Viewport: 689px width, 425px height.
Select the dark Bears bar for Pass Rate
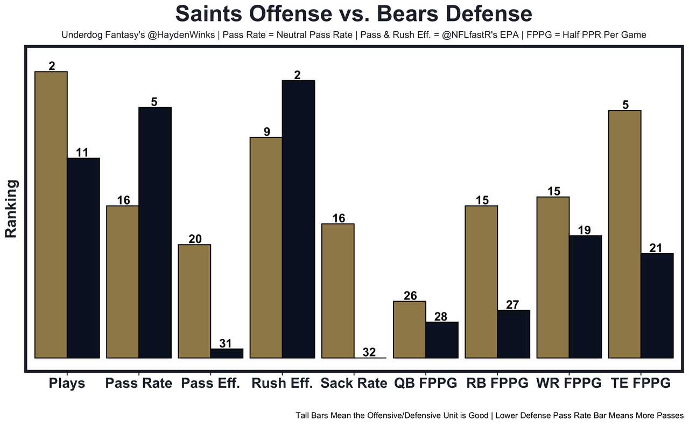(155, 232)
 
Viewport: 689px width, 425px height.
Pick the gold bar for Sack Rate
(338, 290)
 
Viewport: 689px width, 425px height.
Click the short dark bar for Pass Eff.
(227, 353)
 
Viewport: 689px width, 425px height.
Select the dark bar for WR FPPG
(585, 296)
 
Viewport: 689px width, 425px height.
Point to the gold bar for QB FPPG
(410, 329)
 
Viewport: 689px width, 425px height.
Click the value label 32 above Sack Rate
(369, 352)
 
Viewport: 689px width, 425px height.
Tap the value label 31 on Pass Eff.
(226, 343)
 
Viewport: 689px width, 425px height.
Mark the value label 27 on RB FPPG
(512, 304)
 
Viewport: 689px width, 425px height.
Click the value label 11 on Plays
(82, 152)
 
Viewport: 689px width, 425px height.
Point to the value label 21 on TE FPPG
(657, 248)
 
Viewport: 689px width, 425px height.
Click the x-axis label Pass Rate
(139, 384)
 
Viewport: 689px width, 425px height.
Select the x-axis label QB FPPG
(425, 384)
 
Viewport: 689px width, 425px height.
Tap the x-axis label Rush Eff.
(282, 384)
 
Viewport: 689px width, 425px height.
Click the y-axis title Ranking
(12, 209)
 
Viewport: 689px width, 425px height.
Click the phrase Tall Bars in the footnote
(314, 416)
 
